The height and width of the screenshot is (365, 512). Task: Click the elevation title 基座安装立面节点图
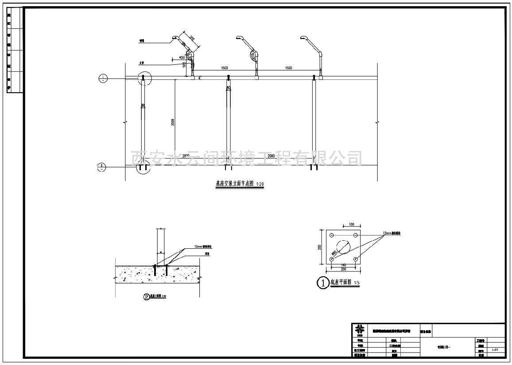point(232,184)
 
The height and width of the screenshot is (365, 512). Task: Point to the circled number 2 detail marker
point(147,297)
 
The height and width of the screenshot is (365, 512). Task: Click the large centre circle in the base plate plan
point(343,247)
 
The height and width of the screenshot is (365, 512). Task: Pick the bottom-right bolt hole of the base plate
point(355,259)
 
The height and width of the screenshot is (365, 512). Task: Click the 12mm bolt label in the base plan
point(393,233)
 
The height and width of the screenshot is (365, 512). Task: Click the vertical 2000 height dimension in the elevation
point(173,122)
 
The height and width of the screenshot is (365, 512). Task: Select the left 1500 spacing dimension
point(225,68)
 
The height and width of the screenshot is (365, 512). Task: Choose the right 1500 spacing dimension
point(288,68)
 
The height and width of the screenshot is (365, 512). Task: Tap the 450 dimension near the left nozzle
point(182,58)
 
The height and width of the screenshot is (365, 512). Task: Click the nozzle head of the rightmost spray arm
point(303,38)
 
